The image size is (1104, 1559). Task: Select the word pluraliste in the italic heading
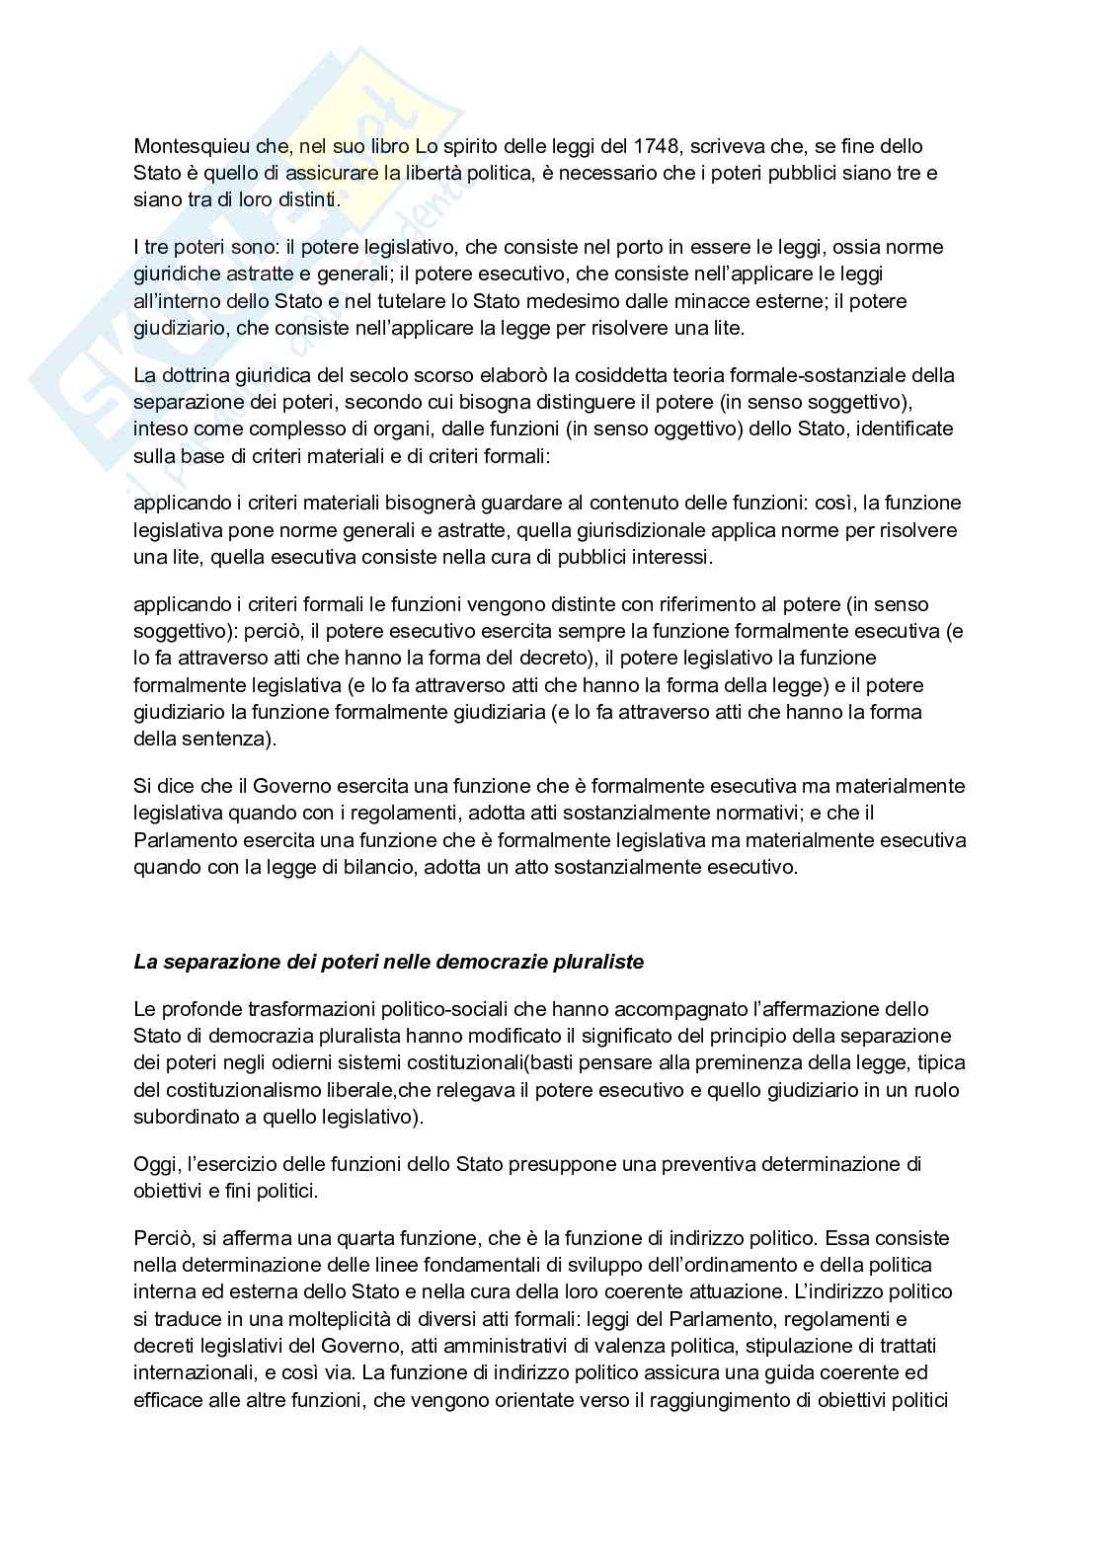598,962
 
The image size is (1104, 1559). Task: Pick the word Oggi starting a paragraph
153,1164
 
